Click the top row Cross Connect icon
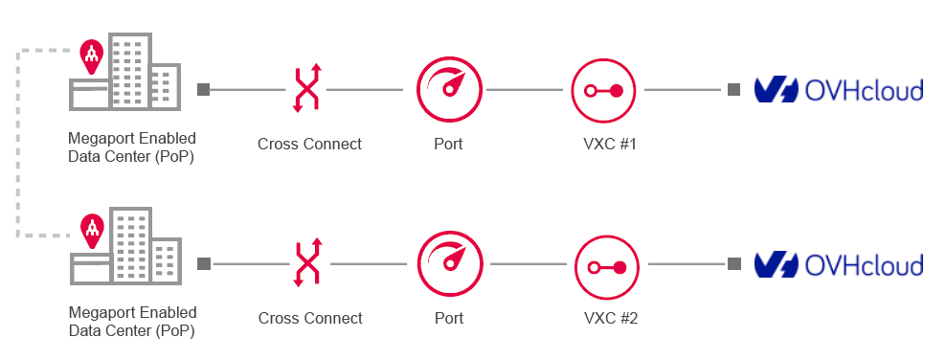(306, 89)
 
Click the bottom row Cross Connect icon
(307, 263)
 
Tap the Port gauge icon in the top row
(447, 89)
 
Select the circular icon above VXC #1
(604, 90)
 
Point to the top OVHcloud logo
(838, 90)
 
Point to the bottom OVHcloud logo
(838, 264)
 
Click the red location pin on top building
(91, 56)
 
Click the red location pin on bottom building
(92, 228)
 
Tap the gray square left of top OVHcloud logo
(733, 90)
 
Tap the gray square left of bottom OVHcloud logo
(733, 264)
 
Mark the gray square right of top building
(203, 90)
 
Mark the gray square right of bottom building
(204, 264)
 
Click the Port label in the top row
(447, 145)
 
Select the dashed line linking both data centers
(17, 144)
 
